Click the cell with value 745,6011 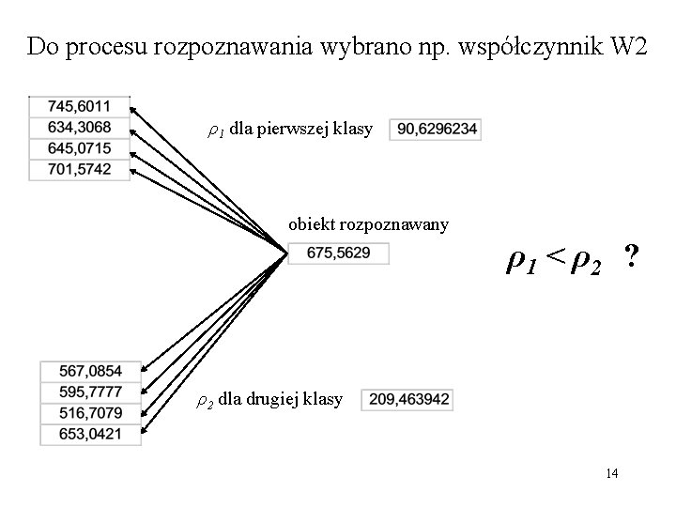79,106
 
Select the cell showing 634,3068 79,127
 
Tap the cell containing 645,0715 79,148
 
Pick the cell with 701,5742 79,169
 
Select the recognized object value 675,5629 337,253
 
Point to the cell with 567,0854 91,371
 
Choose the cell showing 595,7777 91,392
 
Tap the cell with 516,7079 91,412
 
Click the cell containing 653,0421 91,433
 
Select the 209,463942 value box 406,400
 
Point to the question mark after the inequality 632,255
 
